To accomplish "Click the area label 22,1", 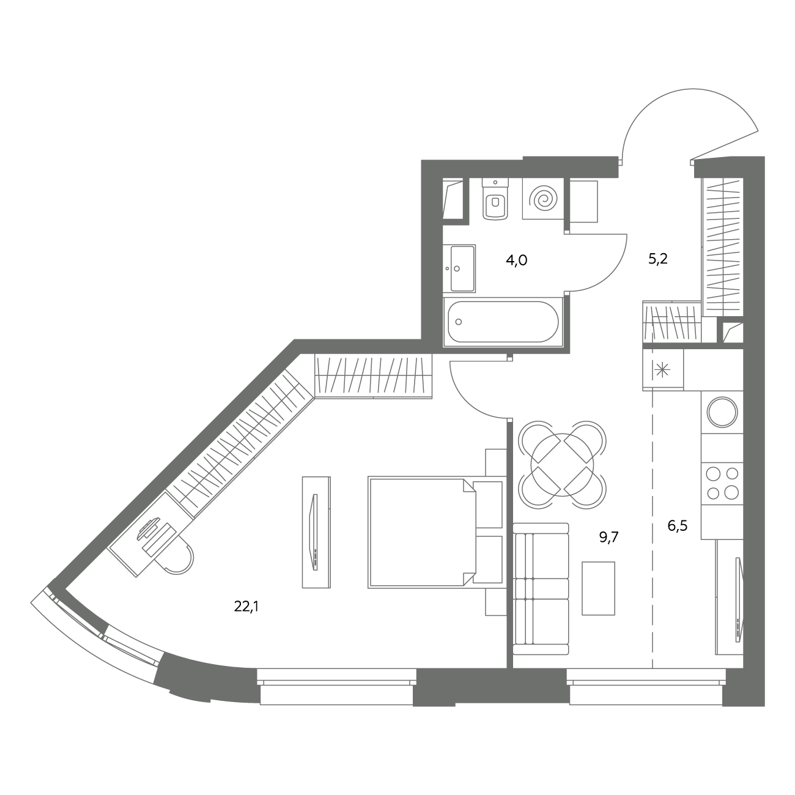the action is (x=246, y=607).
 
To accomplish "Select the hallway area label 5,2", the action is (x=658, y=259).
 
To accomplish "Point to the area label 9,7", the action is (x=609, y=537).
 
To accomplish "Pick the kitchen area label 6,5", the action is (x=678, y=526).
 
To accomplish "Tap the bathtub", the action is (x=503, y=322).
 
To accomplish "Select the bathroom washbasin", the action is (x=460, y=268).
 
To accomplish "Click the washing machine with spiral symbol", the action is (x=543, y=199).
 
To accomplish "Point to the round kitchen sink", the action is (x=722, y=412).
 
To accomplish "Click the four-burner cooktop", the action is (x=722, y=483).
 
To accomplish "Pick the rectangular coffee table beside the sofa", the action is (x=598, y=588).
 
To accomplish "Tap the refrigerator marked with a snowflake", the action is (x=663, y=369).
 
